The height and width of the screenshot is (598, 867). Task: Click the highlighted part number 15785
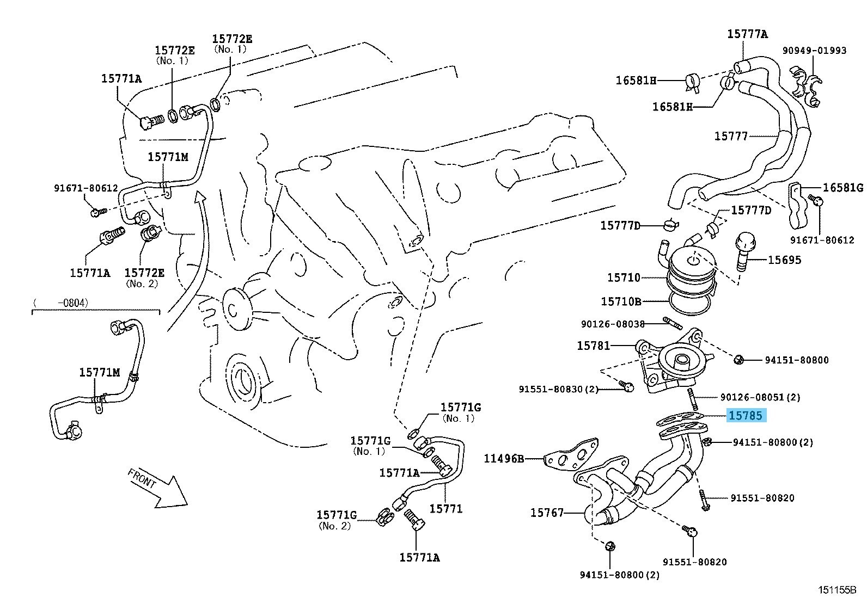coord(746,416)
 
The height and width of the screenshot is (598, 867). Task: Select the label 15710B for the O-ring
coord(620,301)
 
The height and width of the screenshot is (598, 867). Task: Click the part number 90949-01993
coord(815,51)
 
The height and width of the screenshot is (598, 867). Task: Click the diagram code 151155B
coord(837,589)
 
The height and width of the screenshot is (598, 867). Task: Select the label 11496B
coord(504,459)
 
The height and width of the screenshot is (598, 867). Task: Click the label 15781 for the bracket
coord(593,346)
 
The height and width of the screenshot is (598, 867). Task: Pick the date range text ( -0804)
coord(60,303)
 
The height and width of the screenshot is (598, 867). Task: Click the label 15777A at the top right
coord(747,34)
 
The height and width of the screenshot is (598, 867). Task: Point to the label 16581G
coord(842,188)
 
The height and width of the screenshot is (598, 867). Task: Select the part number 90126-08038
coord(612,324)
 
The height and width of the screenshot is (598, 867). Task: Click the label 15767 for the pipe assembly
coord(547,513)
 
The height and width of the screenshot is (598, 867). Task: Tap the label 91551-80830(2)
coord(558,389)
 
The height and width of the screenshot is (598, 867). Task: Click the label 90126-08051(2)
coord(760,397)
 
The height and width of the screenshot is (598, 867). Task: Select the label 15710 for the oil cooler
coord(624,278)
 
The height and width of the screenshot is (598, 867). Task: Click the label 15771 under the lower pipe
coord(445,509)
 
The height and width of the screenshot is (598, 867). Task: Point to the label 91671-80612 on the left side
coord(86,188)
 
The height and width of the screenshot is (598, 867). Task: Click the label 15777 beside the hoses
coord(731,135)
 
